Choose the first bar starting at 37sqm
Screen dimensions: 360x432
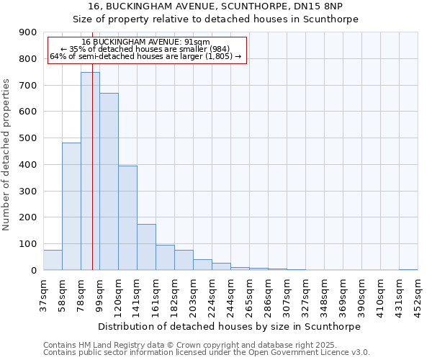click(53, 260)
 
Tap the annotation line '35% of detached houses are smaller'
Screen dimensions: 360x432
click(146, 49)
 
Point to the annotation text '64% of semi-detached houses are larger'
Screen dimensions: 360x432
click(146, 56)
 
